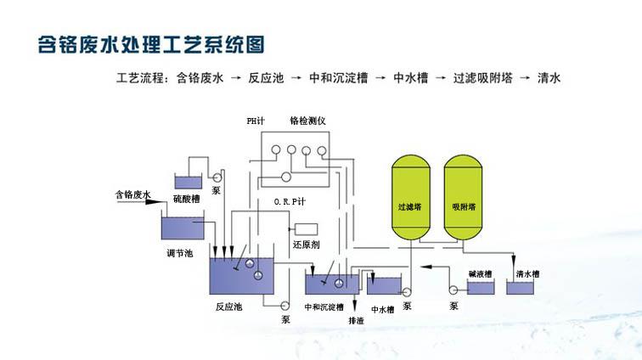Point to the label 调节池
coord(181,253)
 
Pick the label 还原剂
coord(305,245)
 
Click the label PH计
coord(256,121)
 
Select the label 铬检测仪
coord(307,121)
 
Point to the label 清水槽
coord(527,273)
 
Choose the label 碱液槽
coord(481,273)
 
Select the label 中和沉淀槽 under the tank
coord(324,306)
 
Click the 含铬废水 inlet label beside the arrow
coord(132,194)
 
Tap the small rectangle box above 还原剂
coord(306,229)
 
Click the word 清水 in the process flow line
coord(549,78)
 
